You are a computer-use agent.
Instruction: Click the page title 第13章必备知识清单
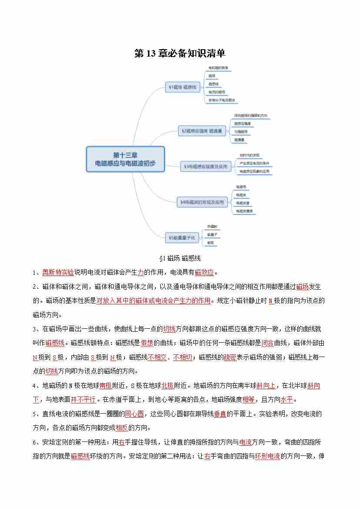[x=180, y=53]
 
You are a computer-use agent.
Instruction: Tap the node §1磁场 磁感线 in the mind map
[x=182, y=88]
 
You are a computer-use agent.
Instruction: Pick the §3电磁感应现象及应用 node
[x=206, y=166]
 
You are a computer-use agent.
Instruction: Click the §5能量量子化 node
[x=183, y=238]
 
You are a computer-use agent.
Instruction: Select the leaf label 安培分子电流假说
[x=222, y=100]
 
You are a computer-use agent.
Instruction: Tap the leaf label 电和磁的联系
[x=219, y=68]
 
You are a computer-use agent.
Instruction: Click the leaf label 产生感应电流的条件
[x=254, y=163]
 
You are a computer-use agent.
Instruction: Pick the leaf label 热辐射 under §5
[x=212, y=226]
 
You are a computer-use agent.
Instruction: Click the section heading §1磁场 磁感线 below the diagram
[x=180, y=259]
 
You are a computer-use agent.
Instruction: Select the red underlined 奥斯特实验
[x=58, y=273]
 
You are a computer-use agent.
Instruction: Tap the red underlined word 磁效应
[x=204, y=273]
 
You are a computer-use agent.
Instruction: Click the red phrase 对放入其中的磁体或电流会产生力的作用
[x=153, y=301]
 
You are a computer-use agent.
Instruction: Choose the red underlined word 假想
[x=147, y=343]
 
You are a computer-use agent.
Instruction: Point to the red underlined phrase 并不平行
[x=84, y=400]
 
